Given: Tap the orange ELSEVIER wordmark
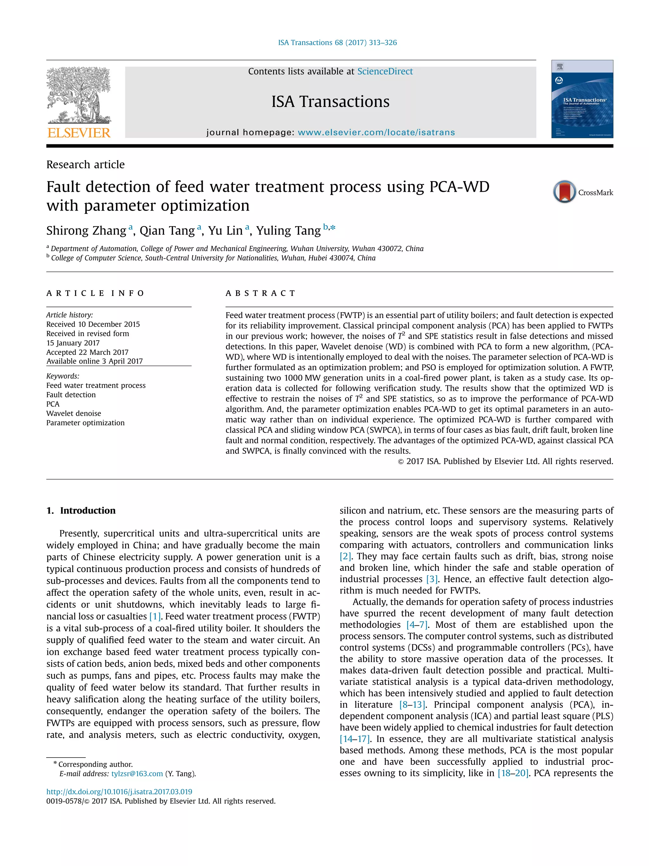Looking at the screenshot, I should tap(79, 133).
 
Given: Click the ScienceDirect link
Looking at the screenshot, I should tap(385, 72).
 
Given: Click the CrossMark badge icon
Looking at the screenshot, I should tap(564, 192).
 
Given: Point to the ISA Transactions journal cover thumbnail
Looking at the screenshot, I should tap(582, 99).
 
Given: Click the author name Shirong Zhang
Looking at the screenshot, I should tap(87, 231).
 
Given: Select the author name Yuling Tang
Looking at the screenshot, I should tap(288, 231).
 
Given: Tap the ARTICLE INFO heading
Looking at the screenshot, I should tap(95, 293).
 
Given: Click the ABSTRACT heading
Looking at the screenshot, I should tap(260, 293).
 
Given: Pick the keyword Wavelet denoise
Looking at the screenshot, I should tap(74, 413).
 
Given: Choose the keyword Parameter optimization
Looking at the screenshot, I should tap(85, 423).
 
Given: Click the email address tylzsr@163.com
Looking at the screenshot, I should tap(137, 774).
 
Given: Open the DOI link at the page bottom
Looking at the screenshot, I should tap(119, 791).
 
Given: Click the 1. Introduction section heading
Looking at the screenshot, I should tap(81, 511).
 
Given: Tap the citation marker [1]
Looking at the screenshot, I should tap(155, 616).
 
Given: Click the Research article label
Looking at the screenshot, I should tap(85, 165).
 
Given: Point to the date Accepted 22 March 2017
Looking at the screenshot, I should tap(87, 352).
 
